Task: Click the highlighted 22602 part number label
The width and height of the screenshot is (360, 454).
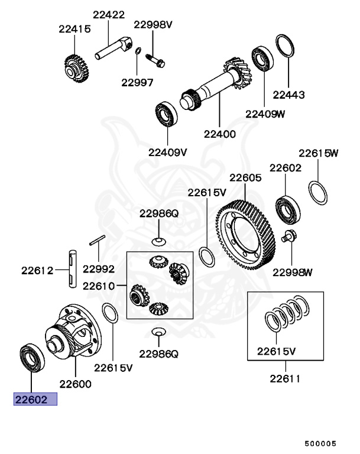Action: (35, 400)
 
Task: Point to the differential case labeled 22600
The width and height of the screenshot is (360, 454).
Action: (73, 334)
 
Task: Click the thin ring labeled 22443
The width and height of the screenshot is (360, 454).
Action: (284, 47)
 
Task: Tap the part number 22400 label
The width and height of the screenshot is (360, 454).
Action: (220, 134)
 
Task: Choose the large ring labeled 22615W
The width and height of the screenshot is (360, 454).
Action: (318, 193)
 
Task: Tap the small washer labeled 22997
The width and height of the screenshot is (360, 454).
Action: (137, 51)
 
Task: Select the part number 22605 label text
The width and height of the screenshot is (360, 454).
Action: (245, 177)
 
